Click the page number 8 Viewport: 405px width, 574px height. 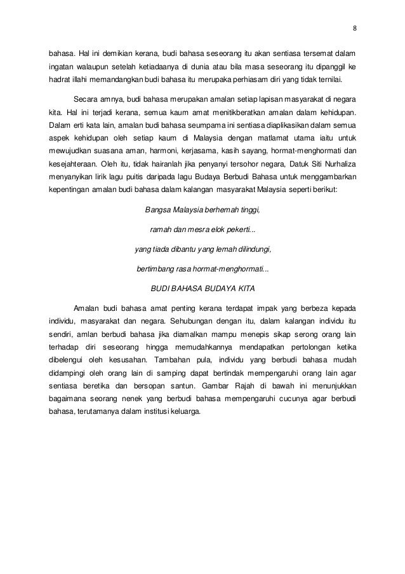(x=354, y=29)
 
